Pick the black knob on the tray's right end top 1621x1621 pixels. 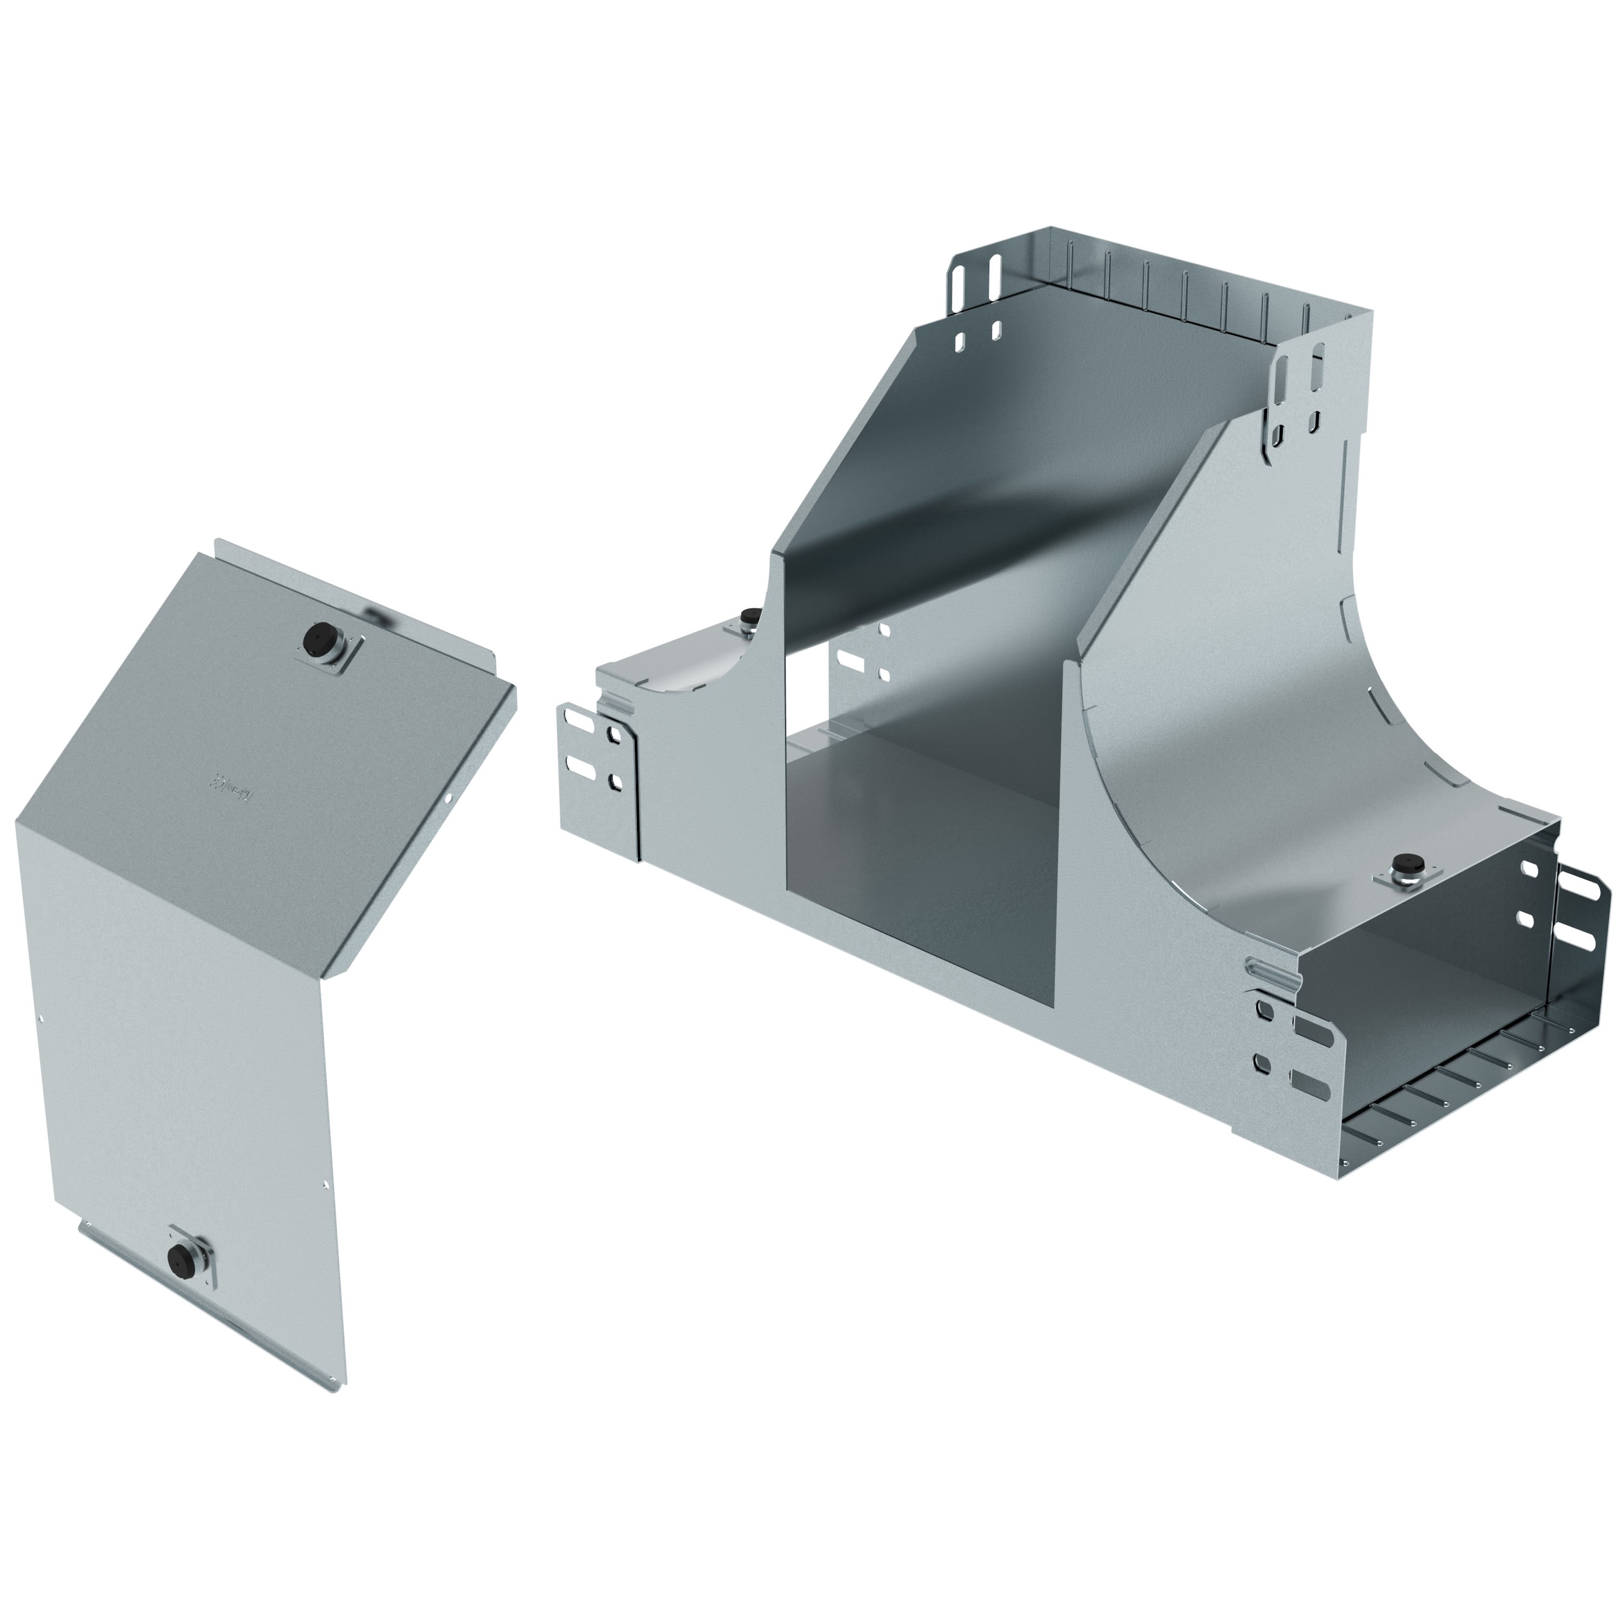(x=1404, y=865)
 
